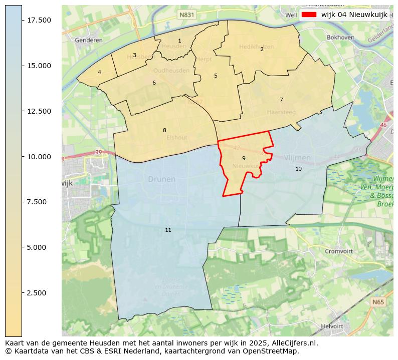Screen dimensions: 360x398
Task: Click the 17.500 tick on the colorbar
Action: coord(22,20)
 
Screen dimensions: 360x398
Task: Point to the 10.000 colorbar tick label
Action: coord(38,157)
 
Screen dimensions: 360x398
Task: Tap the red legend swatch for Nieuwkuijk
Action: coord(309,15)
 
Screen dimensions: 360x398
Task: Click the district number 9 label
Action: coord(244,158)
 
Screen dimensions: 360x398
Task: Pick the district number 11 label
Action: coord(168,230)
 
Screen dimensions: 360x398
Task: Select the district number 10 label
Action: coord(298,169)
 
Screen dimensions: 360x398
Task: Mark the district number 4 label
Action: coord(99,73)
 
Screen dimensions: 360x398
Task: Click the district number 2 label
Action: coord(262,49)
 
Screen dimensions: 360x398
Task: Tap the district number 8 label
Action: coord(164,131)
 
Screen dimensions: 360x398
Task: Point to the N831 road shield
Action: coord(186,16)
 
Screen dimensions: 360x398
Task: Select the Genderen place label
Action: coord(88,40)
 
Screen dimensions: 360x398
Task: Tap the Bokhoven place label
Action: coord(340,38)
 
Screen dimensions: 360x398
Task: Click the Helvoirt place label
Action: coord(332,326)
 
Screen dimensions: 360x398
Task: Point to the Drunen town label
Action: coord(161,179)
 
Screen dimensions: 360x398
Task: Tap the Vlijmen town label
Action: coord(297,158)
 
